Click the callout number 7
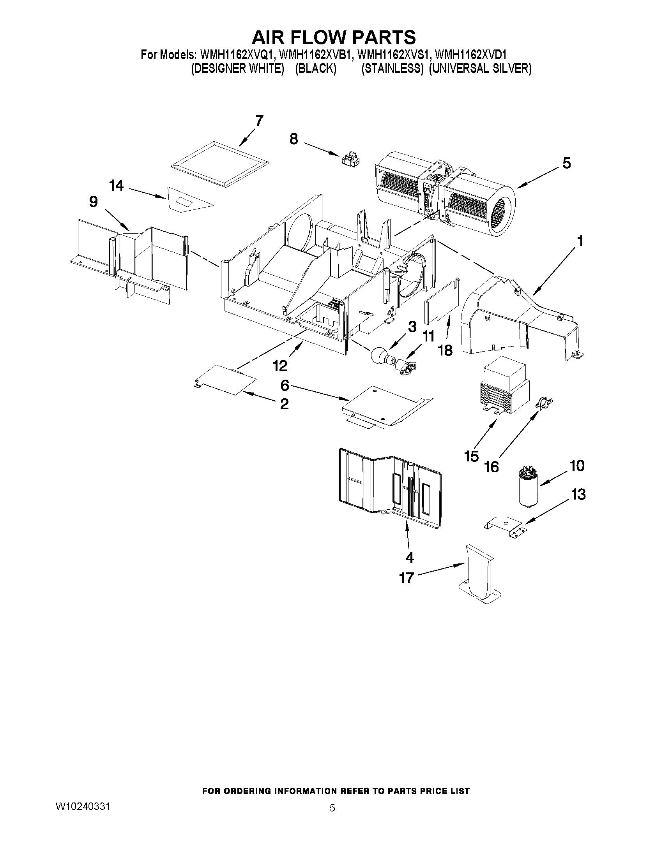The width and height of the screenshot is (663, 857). point(259,121)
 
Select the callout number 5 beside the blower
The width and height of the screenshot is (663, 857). point(566,163)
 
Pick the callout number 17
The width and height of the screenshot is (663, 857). point(407,578)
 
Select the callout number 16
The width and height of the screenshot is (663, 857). point(492,466)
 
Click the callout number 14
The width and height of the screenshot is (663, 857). point(117,186)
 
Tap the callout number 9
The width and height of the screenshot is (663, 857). point(93,202)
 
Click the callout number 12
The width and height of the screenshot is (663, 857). point(280,366)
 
